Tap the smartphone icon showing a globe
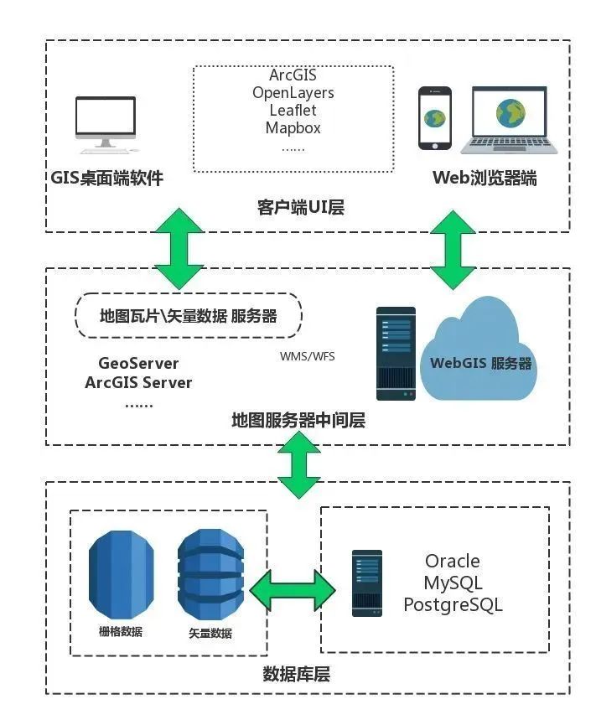[434, 118]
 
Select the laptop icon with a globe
[509, 118]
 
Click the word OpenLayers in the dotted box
[293, 92]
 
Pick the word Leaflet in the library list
[293, 110]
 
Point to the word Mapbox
[293, 128]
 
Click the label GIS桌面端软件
[106, 178]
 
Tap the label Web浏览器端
[485, 178]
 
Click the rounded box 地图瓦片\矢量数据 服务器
[189, 316]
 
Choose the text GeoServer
[138, 364]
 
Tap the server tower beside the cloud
[396, 353]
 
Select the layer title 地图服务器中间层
[298, 420]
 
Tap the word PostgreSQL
[453, 604]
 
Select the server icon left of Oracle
[367, 583]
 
